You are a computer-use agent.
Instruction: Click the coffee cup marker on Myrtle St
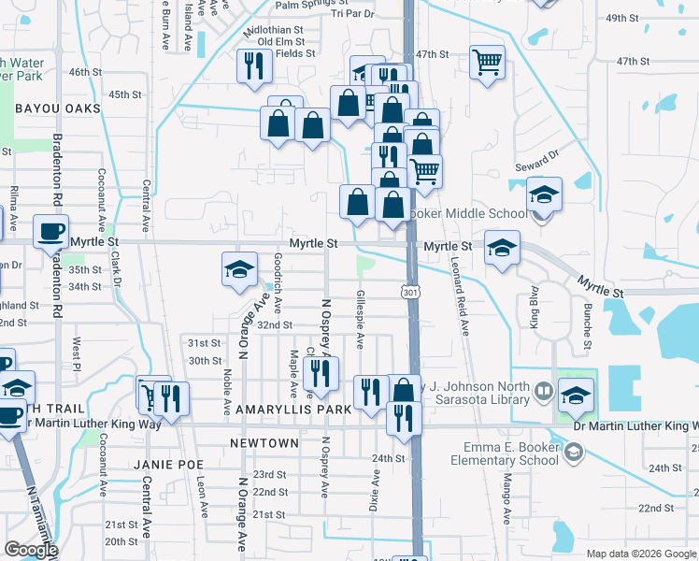coord(51,229)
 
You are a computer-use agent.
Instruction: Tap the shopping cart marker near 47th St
coord(486,63)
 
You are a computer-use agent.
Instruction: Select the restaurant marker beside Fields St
coord(254,65)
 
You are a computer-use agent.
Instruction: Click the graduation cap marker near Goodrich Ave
coord(239,269)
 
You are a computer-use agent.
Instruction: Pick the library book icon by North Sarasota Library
coord(543,390)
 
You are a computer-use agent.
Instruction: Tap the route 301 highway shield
coord(410,293)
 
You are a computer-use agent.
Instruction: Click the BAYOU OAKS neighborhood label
coord(57,109)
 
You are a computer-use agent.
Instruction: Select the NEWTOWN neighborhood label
coord(264,443)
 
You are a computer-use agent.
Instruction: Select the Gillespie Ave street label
coord(361,314)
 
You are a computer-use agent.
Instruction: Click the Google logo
coord(31,550)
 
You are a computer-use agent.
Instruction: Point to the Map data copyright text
coord(640,554)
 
